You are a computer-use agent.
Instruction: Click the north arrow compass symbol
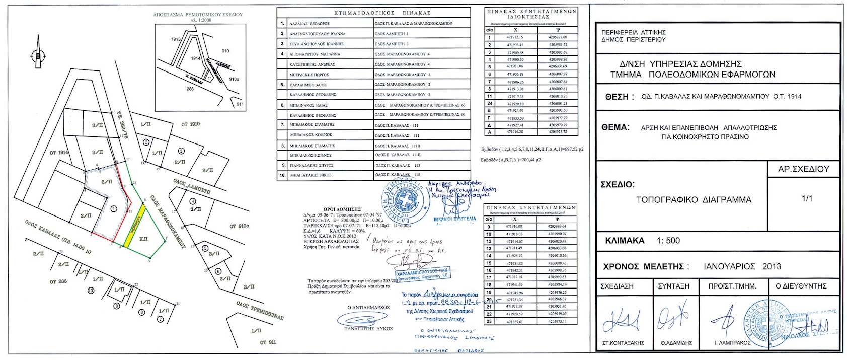38,56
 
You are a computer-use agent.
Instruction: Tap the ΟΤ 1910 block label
191,124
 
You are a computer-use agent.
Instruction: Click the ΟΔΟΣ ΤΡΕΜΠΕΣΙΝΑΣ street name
260,310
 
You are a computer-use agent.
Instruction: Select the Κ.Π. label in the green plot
143,226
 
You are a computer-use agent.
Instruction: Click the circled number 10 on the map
91,291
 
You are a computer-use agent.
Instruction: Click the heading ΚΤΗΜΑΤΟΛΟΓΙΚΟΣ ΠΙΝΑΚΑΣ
375,13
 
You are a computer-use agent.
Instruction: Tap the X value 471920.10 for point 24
515,103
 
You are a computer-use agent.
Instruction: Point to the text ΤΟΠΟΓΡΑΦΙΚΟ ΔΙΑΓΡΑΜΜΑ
694,200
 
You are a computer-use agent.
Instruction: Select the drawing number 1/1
807,198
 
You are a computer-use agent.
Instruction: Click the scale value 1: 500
668,241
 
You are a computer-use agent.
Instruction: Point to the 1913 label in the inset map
176,39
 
